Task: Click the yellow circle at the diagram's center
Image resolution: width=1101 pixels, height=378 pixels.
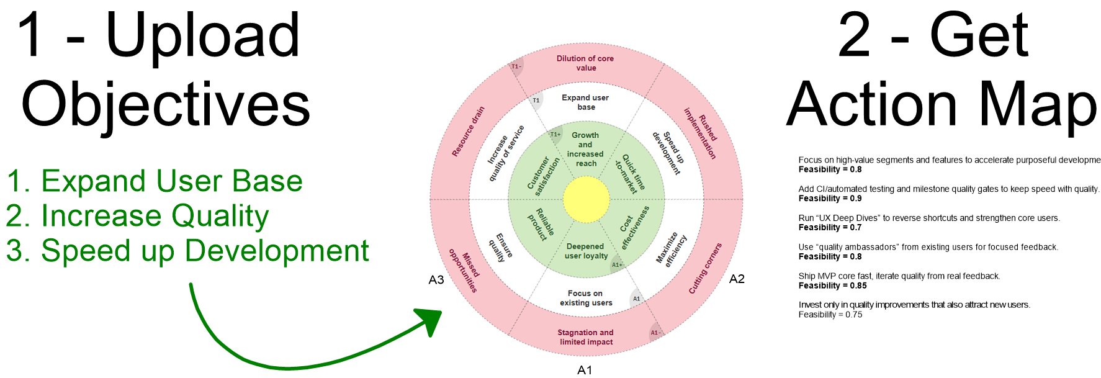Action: (586, 199)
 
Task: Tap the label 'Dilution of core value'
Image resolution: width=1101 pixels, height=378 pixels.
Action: (585, 63)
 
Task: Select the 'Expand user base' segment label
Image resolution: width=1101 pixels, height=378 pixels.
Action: (585, 102)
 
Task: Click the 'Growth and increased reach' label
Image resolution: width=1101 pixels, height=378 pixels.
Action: (585, 149)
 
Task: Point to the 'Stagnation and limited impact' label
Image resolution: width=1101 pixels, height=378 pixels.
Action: (585, 337)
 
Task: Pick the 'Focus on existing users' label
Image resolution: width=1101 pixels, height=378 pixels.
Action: (585, 298)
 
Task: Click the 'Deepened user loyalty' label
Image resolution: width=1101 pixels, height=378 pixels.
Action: (586, 251)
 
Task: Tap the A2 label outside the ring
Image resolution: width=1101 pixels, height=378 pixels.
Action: (737, 279)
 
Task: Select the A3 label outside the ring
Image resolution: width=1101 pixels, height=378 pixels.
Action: (436, 280)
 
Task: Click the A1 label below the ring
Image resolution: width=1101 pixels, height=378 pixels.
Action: (585, 370)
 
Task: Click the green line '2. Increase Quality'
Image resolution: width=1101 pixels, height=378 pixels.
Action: (137, 216)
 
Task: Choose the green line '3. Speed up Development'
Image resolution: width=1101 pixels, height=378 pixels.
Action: (187, 251)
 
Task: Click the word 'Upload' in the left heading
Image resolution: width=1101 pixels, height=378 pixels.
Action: (203, 37)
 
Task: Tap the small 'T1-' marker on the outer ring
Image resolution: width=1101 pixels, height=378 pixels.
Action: (516, 66)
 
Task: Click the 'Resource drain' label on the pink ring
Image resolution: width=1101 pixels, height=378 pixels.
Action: (468, 132)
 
